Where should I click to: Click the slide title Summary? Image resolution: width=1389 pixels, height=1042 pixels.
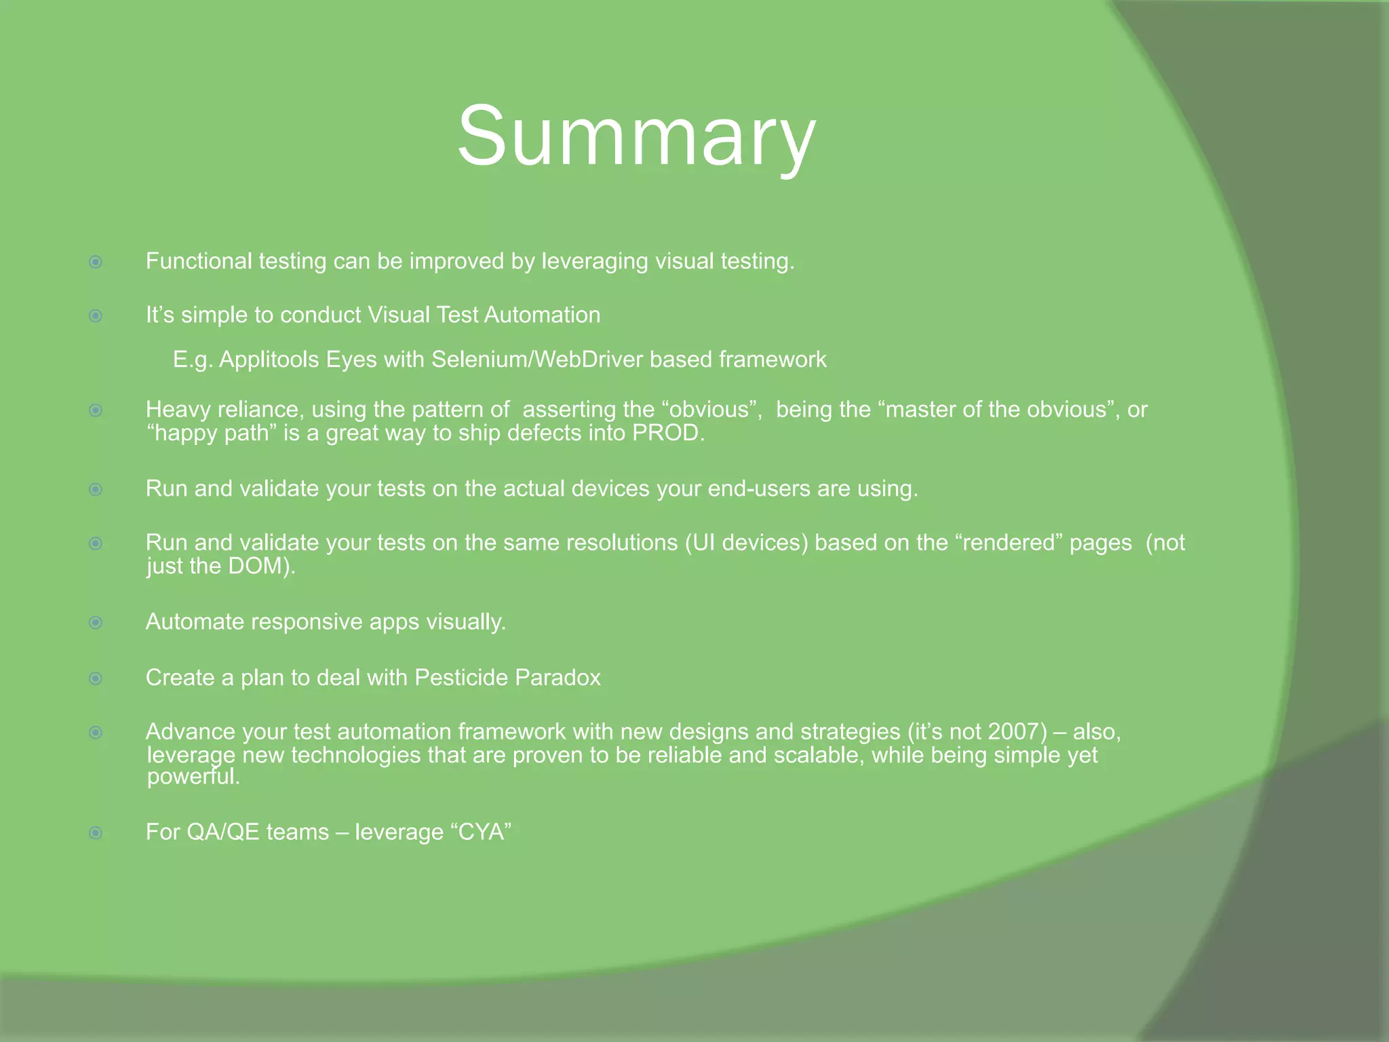[x=636, y=136]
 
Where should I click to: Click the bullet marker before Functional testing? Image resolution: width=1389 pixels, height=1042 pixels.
[x=96, y=262]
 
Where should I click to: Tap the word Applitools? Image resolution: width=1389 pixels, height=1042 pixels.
[x=269, y=359]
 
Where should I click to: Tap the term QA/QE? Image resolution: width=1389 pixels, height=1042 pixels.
[x=223, y=832]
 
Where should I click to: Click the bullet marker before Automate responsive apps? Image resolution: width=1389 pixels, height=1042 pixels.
[x=96, y=623]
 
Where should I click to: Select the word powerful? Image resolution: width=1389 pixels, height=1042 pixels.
[x=193, y=776]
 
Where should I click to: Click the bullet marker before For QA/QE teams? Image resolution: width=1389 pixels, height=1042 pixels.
[x=96, y=832]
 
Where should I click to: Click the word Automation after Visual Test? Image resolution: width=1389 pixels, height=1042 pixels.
[x=542, y=315]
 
